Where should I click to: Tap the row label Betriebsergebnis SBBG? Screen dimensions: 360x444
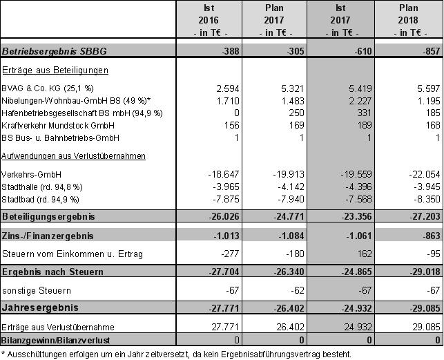(x=55, y=52)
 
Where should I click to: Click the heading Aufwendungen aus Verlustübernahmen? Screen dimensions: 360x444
(x=74, y=155)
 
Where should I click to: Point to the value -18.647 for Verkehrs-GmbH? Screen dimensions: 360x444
(x=222, y=175)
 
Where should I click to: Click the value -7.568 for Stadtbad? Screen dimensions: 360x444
(x=360, y=199)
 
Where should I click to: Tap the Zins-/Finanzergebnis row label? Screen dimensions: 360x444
(x=48, y=236)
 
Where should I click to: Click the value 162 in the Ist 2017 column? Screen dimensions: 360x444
(x=367, y=255)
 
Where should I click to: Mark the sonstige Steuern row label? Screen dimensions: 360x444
(x=37, y=291)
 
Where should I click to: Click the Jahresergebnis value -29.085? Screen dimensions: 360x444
(x=423, y=307)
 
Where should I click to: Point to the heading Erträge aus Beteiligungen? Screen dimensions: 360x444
(x=55, y=70)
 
